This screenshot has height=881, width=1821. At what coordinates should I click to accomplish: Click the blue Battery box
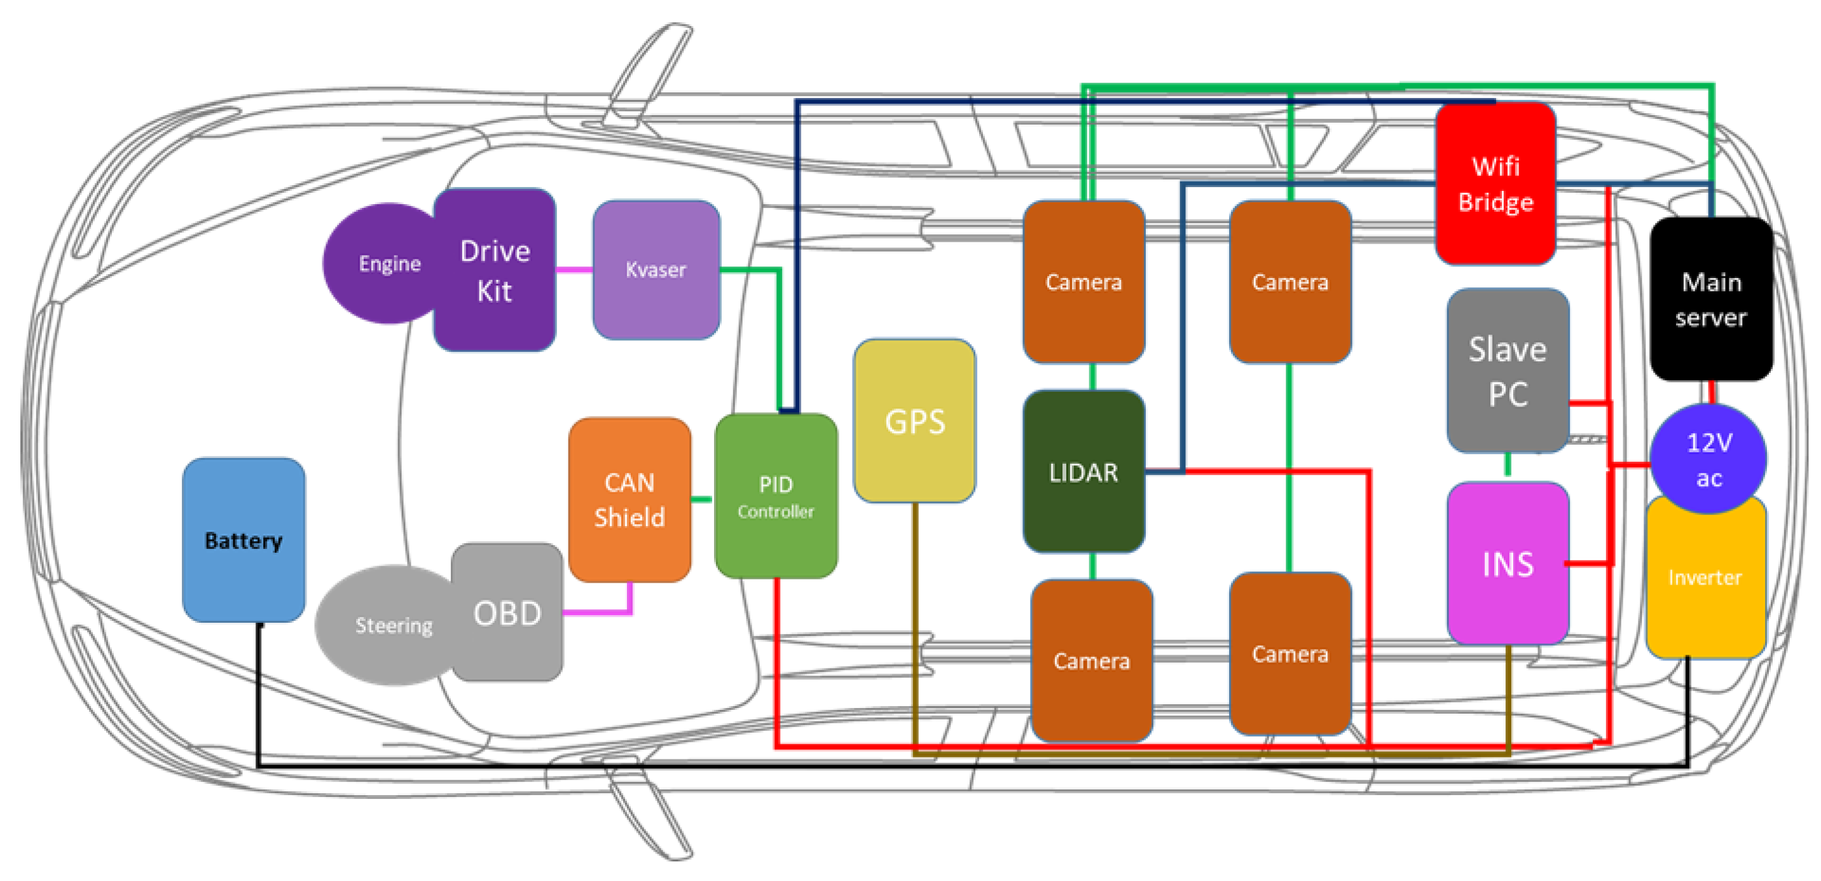point(243,539)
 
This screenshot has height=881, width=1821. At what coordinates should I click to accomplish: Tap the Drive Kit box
point(494,270)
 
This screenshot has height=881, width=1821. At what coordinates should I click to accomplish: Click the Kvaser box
point(656,270)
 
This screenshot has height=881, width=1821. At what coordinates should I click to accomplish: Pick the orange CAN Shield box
point(629,499)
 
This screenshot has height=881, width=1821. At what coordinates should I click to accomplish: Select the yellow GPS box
point(914,420)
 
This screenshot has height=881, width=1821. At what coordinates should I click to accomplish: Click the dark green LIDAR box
point(1083,471)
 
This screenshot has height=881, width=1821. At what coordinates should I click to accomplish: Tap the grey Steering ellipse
point(385,625)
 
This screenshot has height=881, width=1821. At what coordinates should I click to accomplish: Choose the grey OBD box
point(507,613)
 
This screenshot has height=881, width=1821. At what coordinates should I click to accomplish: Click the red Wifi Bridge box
point(1495,184)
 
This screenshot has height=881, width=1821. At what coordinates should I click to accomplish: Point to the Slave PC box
point(1507,370)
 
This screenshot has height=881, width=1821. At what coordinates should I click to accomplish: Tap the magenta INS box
point(1507,564)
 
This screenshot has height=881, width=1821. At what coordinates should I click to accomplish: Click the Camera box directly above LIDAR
point(1083,281)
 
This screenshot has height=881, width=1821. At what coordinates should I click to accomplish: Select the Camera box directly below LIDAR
point(1091,660)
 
